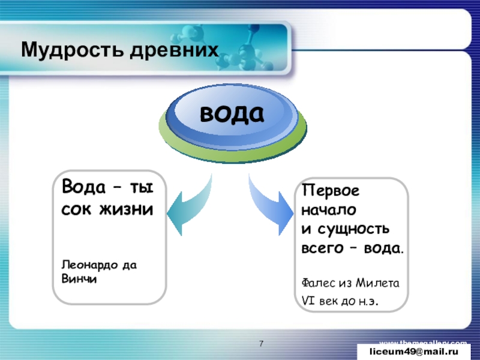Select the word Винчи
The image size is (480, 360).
(75, 278)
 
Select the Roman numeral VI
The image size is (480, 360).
(308, 299)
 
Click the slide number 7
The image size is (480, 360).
(262, 343)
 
